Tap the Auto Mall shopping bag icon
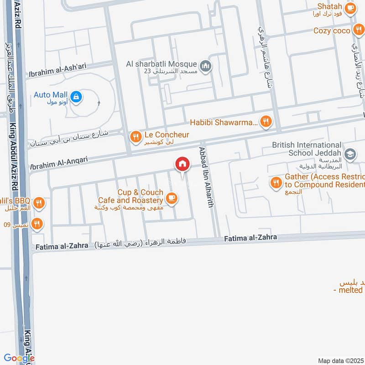(77, 96)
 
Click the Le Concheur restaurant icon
(135, 136)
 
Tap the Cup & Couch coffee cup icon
(171, 198)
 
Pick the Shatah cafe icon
(350, 8)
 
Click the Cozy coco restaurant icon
(358, 31)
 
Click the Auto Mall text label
(50, 95)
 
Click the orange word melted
(351, 290)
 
